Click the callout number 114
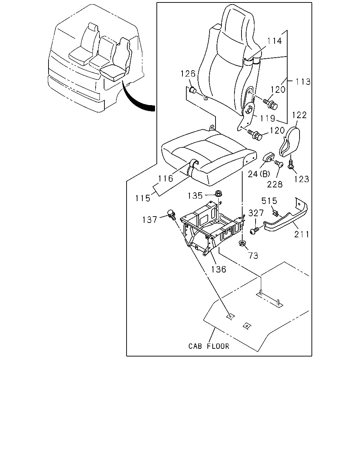(274, 41)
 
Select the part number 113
(303, 82)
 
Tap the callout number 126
(188, 73)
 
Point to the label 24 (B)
(259, 174)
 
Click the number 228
(275, 184)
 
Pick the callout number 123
(301, 179)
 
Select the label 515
(269, 201)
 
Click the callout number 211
(301, 234)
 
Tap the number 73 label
(253, 256)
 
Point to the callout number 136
(219, 269)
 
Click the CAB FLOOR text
(208, 346)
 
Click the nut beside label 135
(218, 193)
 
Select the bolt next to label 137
(172, 215)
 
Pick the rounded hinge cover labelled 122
(290, 142)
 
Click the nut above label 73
(242, 243)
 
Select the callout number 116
(166, 178)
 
